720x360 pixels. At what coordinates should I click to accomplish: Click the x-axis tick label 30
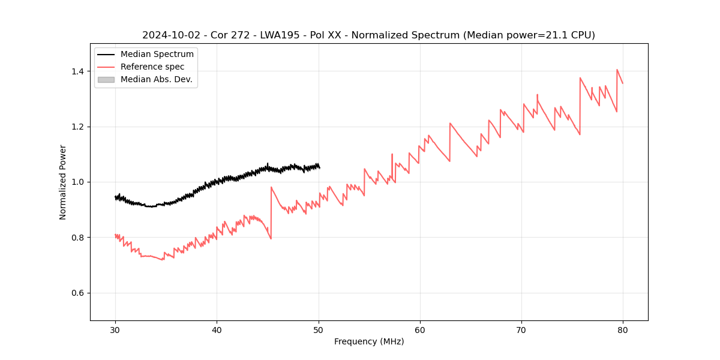(115, 329)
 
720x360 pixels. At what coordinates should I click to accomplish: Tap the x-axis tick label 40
(217, 329)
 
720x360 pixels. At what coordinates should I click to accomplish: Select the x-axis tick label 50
(319, 329)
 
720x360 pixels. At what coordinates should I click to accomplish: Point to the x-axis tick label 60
(420, 329)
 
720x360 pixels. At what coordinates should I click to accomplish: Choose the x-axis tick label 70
(521, 329)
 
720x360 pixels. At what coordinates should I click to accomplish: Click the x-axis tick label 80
(623, 329)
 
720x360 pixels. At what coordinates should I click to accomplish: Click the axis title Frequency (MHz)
(369, 341)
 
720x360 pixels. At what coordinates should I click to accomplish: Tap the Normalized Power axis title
(62, 182)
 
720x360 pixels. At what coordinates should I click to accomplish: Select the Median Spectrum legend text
(157, 55)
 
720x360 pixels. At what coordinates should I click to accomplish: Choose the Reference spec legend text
(152, 67)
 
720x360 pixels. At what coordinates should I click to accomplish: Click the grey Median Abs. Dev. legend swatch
(106, 79)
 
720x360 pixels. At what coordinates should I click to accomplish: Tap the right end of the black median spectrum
(319, 167)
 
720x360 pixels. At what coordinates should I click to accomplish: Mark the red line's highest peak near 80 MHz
(617, 70)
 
